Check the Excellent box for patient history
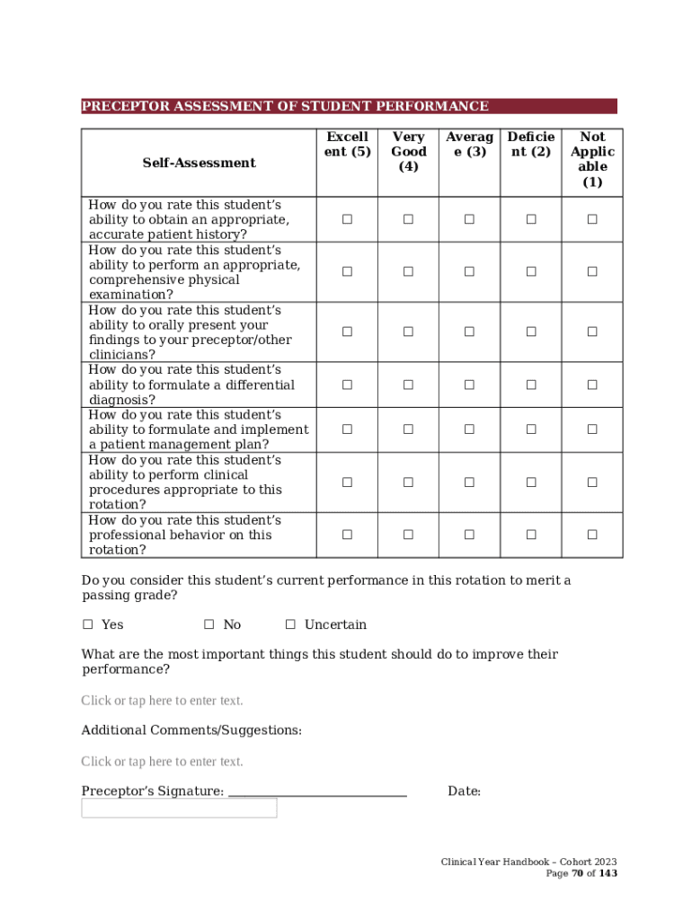click(347, 219)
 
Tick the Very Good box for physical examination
click(408, 271)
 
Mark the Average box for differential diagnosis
click(469, 385)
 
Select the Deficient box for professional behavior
click(531, 535)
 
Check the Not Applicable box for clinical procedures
click(592, 482)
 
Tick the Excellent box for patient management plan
click(347, 429)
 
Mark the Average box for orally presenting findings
click(469, 332)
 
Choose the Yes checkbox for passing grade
click(88, 624)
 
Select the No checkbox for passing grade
click(209, 624)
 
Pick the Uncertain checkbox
click(290, 624)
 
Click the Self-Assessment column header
click(199, 163)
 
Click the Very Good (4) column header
click(409, 152)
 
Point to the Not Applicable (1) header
click(592, 159)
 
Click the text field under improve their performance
click(162, 701)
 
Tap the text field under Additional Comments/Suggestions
click(162, 762)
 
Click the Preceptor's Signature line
click(317, 792)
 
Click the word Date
click(464, 792)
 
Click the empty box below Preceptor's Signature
click(179, 808)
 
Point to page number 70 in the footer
click(578, 873)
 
